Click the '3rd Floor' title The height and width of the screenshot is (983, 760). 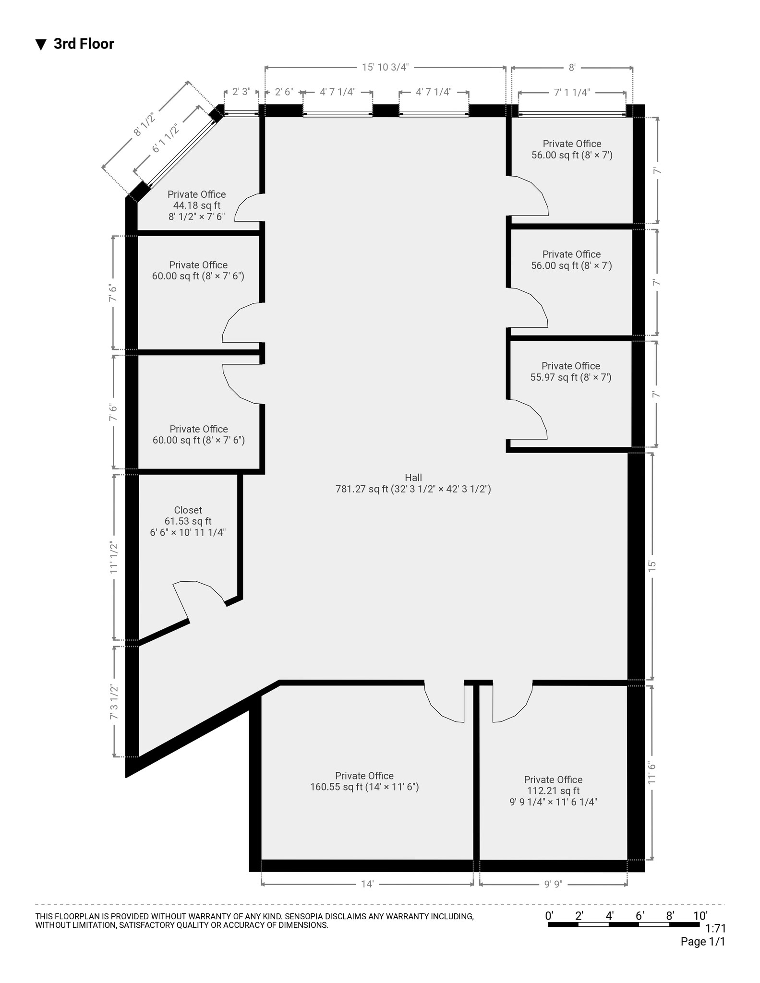pos(83,44)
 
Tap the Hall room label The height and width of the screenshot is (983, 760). pos(413,483)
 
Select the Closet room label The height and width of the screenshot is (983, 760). pos(188,521)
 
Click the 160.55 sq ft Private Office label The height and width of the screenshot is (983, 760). pos(364,781)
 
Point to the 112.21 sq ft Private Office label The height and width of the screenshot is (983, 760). pos(553,791)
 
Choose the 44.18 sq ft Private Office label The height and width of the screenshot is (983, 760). pos(196,205)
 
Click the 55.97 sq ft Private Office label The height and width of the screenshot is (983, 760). pos(570,372)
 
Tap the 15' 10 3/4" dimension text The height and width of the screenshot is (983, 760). pos(385,67)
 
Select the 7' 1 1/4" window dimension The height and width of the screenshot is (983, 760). pos(571,93)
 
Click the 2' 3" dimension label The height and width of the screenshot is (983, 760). pos(241,92)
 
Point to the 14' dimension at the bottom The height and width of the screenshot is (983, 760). pos(367,884)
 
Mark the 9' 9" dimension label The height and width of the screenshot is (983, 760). pos(553,884)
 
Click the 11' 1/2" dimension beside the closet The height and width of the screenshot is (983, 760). pos(114,557)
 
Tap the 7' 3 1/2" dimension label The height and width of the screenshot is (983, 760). pos(114,702)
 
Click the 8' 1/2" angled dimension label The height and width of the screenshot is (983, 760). pos(145,124)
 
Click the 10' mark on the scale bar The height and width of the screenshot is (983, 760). pos(700,915)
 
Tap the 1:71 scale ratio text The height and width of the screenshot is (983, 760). pos(715,928)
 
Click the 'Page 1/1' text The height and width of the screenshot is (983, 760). pos(702,942)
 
